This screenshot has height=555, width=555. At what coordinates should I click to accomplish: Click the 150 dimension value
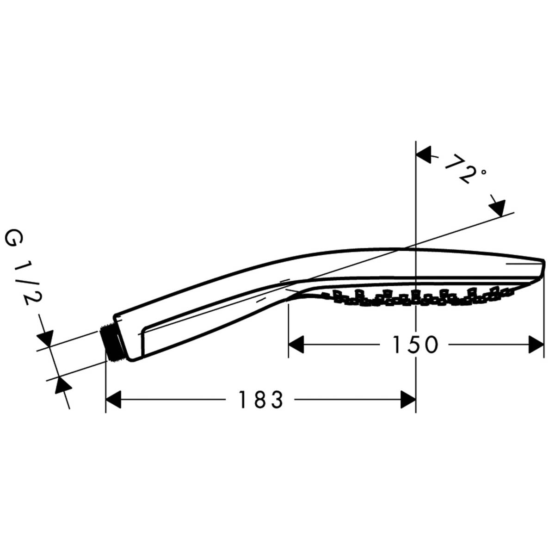[415, 345]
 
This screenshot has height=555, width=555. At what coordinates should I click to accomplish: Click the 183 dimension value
[260, 400]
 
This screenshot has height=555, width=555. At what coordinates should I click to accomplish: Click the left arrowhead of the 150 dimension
[297, 345]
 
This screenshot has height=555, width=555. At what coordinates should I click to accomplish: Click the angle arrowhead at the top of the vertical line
[425, 155]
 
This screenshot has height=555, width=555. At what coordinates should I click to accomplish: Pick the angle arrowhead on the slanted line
[497, 207]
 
